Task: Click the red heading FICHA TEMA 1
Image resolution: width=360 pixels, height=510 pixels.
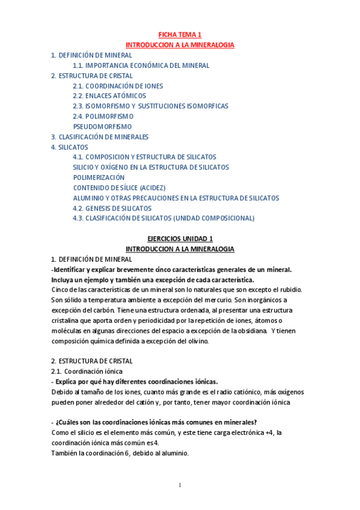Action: click(x=180, y=35)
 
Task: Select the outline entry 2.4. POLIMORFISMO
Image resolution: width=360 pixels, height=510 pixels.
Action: click(x=103, y=116)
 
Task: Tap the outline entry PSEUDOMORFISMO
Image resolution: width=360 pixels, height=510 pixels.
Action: click(x=102, y=126)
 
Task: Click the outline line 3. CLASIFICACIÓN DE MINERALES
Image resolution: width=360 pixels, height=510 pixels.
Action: click(x=99, y=137)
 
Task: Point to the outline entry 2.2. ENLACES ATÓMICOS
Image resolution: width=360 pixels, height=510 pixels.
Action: click(x=109, y=96)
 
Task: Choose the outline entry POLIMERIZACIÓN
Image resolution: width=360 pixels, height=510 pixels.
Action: click(x=99, y=177)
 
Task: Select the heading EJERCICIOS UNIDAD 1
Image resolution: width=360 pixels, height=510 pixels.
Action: click(x=180, y=239)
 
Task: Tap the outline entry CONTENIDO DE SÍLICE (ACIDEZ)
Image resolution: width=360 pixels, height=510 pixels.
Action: click(x=119, y=188)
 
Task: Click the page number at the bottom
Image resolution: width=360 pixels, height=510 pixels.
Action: click(x=180, y=485)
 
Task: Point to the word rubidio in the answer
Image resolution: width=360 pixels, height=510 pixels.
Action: click(x=288, y=290)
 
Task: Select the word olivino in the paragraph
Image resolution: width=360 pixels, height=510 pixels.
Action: click(x=193, y=341)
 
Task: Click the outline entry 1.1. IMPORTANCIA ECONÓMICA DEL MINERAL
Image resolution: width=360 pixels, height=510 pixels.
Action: click(x=141, y=65)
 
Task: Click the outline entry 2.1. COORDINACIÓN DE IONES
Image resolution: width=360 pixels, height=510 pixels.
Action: click(x=117, y=85)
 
